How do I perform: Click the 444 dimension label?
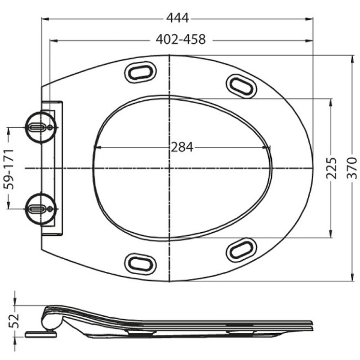tap(178, 18)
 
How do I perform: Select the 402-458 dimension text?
tap(181, 39)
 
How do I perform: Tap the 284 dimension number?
tap(182, 148)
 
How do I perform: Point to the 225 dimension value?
tap(331, 168)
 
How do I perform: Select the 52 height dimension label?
tap(14, 321)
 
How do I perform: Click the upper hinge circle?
tap(41, 127)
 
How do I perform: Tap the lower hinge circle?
tap(41, 209)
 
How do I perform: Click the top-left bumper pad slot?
tap(140, 72)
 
